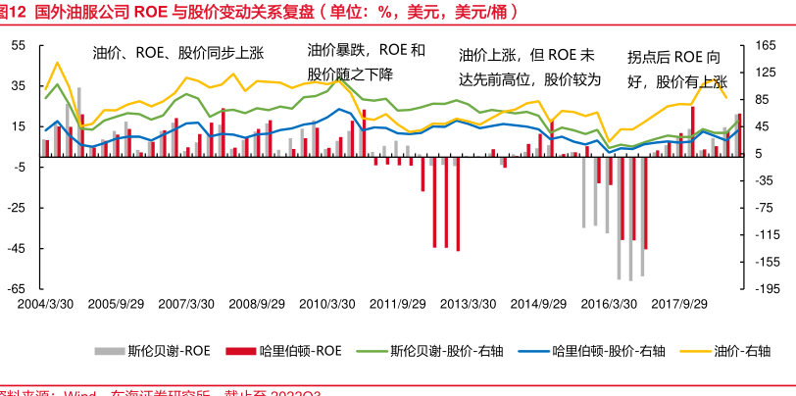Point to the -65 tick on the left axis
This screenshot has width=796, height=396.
(x=18, y=288)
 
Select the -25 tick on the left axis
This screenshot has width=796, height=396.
(x=18, y=208)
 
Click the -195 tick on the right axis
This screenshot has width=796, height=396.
(x=768, y=288)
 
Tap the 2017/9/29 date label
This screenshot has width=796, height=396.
(x=678, y=305)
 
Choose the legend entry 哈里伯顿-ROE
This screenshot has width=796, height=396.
(x=283, y=349)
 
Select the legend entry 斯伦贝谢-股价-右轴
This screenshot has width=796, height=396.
(x=432, y=349)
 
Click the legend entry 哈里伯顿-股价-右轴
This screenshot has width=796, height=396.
(x=597, y=349)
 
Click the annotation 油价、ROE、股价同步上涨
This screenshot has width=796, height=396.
(x=184, y=52)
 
